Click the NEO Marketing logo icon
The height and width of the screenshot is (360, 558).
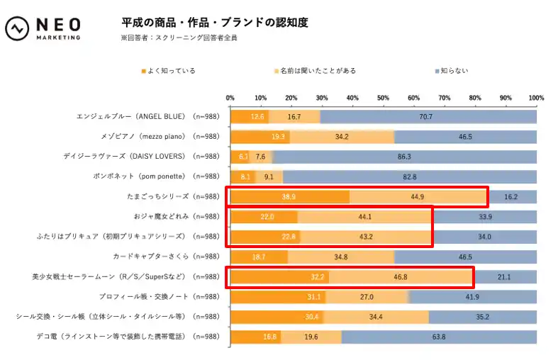pyautogui.click(x=17, y=29)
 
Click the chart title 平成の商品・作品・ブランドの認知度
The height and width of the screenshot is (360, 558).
pyautogui.click(x=215, y=22)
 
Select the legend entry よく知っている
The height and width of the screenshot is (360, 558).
pyautogui.click(x=169, y=71)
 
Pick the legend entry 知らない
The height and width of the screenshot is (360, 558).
pyautogui.click(x=451, y=71)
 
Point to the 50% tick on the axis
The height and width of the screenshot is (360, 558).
pyautogui.click(x=383, y=97)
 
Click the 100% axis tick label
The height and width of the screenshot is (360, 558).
pyautogui.click(x=536, y=97)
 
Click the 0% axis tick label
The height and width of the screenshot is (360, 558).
pyautogui.click(x=230, y=97)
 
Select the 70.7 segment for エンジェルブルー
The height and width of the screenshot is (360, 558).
pyautogui.click(x=428, y=117)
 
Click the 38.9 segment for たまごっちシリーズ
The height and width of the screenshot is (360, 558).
pyautogui.click(x=290, y=196)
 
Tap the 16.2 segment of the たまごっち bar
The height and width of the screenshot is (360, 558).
pyautogui.click(x=511, y=196)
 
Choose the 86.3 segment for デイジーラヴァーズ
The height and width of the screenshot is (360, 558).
pyautogui.click(x=405, y=157)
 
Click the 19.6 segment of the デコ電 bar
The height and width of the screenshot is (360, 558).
pyautogui.click(x=311, y=337)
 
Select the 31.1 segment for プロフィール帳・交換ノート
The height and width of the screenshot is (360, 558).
pyautogui.click(x=278, y=296)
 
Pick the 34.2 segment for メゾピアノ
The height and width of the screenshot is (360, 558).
pyautogui.click(x=342, y=137)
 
